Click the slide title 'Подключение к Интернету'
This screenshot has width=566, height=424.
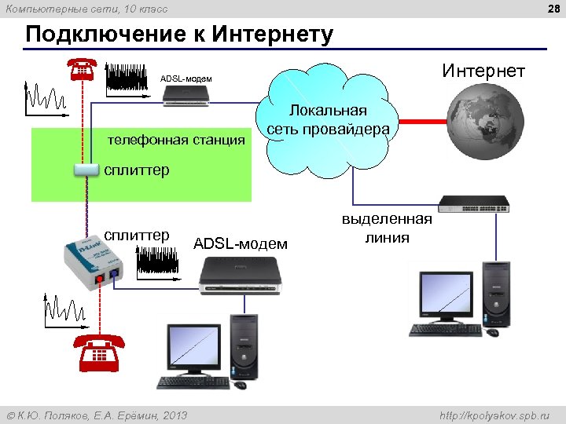point(179,36)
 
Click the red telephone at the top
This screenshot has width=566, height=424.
point(82,69)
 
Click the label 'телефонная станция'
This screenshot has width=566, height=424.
point(176,141)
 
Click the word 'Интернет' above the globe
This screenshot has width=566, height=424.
point(483,71)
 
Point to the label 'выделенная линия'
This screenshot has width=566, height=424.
point(387,228)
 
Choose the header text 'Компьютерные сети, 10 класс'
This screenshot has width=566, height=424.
point(87,9)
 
